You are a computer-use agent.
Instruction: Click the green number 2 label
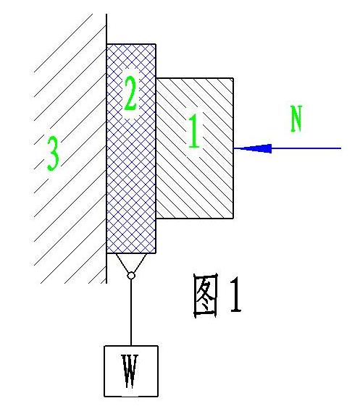pos(131,93)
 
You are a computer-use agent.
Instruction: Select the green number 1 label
pos(194,131)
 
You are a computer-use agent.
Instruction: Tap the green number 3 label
pos(53,153)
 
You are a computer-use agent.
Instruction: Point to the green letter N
pos(296,119)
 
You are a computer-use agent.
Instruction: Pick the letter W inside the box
pos(130,371)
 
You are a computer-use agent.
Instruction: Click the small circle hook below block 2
pos(131,275)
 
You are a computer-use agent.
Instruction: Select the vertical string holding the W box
pos(131,312)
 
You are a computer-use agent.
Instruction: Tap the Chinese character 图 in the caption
pos(205,297)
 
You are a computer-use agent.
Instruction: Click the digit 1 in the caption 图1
pos(235,295)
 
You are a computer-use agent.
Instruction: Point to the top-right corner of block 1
pos(233,78)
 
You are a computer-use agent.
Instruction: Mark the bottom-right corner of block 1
pos(233,219)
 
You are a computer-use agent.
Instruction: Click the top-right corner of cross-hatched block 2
pos(156,44)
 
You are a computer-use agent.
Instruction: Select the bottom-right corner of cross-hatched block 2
pos(156,253)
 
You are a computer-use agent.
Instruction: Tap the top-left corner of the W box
pos(104,346)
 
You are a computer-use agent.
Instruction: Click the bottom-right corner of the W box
pos(158,397)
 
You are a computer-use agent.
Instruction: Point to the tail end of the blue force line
pos(341,148)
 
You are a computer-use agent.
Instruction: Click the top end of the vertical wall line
pos(106,14)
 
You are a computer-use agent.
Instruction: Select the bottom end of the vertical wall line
pos(106,283)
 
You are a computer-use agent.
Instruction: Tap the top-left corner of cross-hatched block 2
pos(106,44)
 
